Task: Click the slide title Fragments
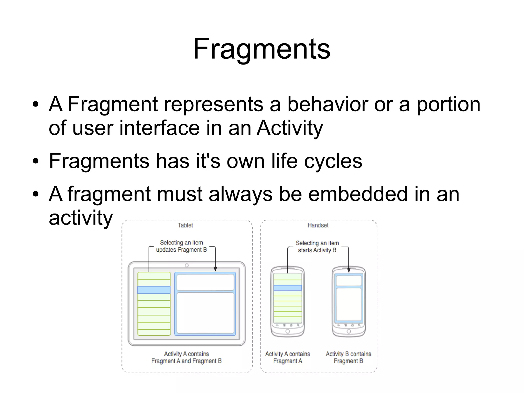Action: tap(261, 49)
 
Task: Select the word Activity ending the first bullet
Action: tap(290, 128)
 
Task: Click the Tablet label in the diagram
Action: tap(185, 225)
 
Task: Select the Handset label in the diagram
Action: tap(318, 225)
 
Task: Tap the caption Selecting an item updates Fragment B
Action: tap(181, 246)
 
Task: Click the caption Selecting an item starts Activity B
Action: tap(317, 247)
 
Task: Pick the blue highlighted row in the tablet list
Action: tap(154, 290)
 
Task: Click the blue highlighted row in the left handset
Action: tap(287, 288)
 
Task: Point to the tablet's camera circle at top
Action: tap(187, 265)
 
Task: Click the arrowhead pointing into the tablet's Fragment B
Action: tap(215, 269)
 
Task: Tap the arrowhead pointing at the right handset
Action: tap(348, 270)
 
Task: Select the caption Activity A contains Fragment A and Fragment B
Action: tap(186, 357)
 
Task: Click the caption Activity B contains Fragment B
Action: tap(348, 357)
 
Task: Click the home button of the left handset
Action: tap(288, 331)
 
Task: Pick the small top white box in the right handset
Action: tap(349, 281)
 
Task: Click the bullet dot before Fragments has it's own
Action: tap(36, 162)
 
